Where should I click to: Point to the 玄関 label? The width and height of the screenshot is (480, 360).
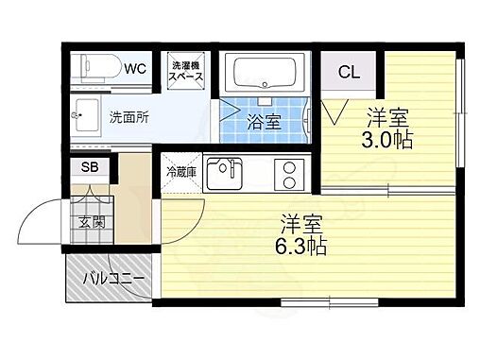click(x=91, y=223)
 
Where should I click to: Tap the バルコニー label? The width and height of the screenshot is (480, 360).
click(x=112, y=279)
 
